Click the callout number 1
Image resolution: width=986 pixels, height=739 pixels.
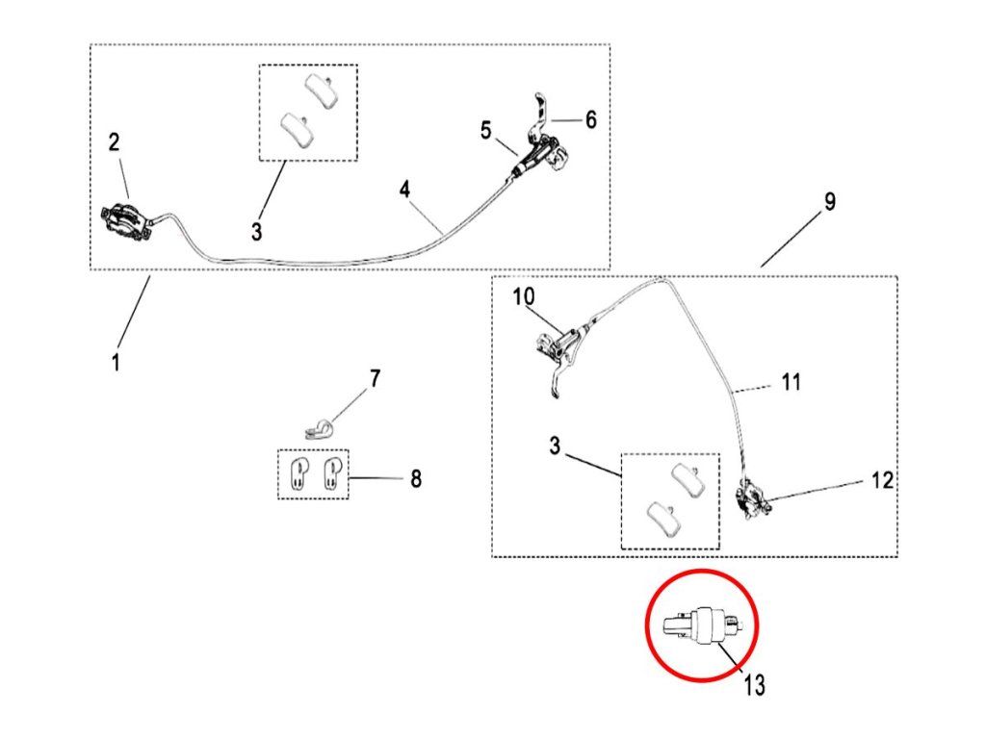116,365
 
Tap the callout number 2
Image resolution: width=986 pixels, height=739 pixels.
115,142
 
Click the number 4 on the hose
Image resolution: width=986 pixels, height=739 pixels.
405,189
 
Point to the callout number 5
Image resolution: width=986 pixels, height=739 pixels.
486,130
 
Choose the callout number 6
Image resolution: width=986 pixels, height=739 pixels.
590,119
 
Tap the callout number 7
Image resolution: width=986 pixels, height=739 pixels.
375,378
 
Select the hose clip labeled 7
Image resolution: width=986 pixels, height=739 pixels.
316,428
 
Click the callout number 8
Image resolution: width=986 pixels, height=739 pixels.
415,478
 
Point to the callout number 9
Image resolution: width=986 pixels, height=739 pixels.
829,202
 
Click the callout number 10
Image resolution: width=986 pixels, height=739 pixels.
523,296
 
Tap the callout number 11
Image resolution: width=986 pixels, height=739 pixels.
791,382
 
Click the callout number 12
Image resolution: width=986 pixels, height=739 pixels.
882,479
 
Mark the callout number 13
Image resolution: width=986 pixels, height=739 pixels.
755,684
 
